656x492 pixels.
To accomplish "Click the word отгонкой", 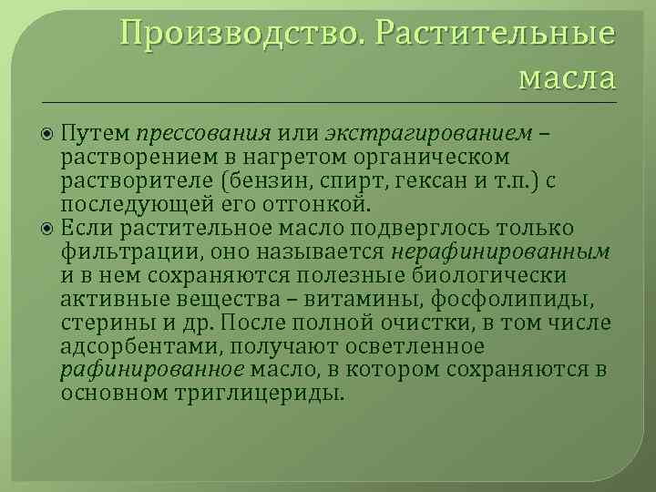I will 315,203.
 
